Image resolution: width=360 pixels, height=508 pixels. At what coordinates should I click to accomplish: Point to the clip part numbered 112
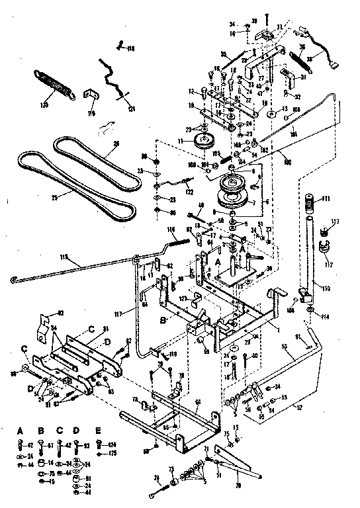(324, 249)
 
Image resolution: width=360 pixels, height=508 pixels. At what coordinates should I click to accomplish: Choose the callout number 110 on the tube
(325, 288)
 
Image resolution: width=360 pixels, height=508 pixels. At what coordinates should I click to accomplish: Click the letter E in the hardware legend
(99, 431)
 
